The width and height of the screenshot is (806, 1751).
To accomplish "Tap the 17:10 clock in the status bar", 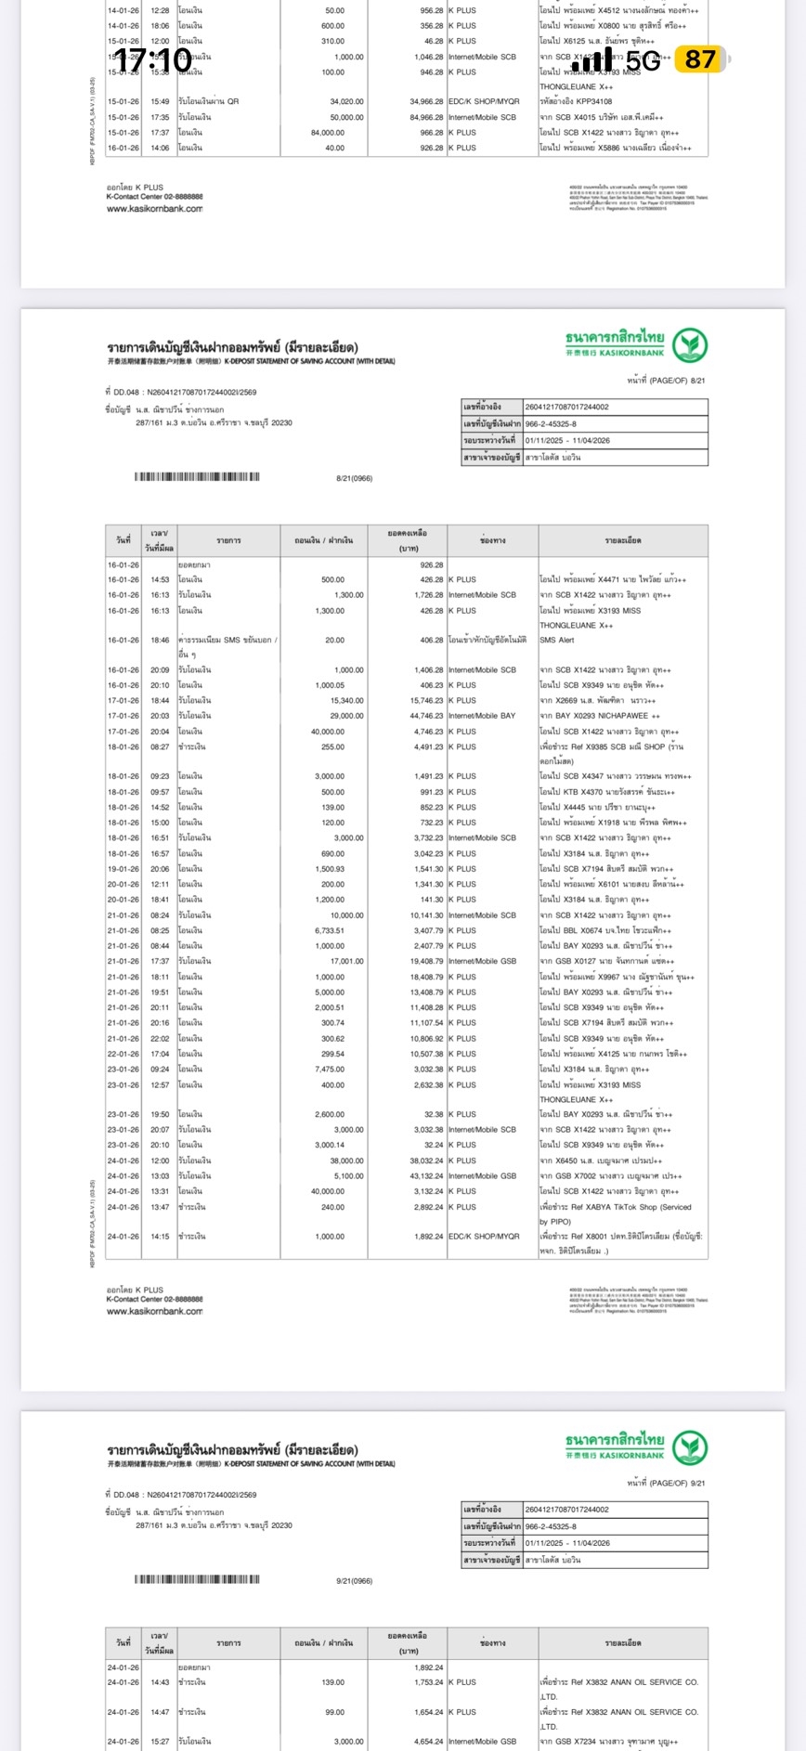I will [152, 60].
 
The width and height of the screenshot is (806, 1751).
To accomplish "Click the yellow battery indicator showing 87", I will [700, 60].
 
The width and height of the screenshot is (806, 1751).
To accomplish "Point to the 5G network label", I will [643, 61].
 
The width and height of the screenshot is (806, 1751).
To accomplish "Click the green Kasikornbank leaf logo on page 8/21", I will [690, 344].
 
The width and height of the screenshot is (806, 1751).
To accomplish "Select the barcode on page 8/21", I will [197, 477].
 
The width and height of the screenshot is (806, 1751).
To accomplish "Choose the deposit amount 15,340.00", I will [346, 701].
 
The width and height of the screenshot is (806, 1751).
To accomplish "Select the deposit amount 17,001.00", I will [346, 961].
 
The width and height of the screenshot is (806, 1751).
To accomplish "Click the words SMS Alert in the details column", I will [557, 640].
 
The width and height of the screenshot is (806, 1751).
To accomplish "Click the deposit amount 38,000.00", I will [346, 1161].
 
